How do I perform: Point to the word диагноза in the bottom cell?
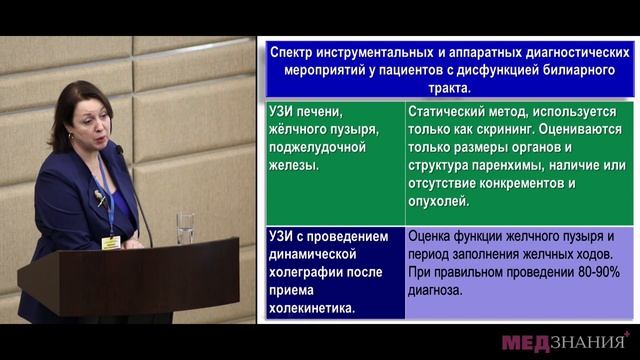point(436,290)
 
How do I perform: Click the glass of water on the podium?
point(185,227)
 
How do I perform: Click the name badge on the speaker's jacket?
point(110,241)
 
